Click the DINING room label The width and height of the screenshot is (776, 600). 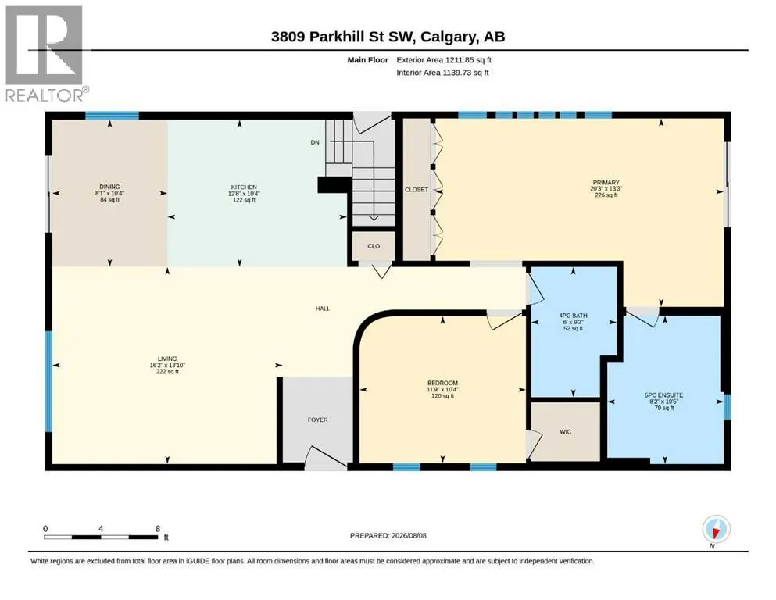[x=110, y=187]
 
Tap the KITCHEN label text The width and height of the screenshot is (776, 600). [x=244, y=187]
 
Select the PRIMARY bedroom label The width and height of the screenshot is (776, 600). [x=606, y=183]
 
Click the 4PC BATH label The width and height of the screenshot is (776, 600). [x=573, y=316]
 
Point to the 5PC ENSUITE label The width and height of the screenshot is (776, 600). [x=663, y=395]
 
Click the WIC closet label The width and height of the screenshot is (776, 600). [x=566, y=432]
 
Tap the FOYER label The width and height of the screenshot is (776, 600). [x=318, y=420]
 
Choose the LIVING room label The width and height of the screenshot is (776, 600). [x=167, y=359]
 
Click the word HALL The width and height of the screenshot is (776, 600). [x=323, y=309]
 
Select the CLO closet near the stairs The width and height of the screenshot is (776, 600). [x=374, y=246]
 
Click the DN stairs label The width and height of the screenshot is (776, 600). [x=315, y=142]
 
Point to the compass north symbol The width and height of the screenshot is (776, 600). [x=716, y=529]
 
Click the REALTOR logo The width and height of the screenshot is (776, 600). [x=44, y=53]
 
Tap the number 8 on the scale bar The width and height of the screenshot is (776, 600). [x=158, y=529]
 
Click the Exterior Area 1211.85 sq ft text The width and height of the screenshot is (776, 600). [x=444, y=60]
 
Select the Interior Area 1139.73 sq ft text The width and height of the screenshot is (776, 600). [x=442, y=73]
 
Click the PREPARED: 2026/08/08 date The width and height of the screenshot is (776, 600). [x=388, y=535]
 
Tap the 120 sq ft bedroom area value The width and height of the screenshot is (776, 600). [x=442, y=396]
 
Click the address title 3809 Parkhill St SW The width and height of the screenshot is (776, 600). [x=345, y=37]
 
